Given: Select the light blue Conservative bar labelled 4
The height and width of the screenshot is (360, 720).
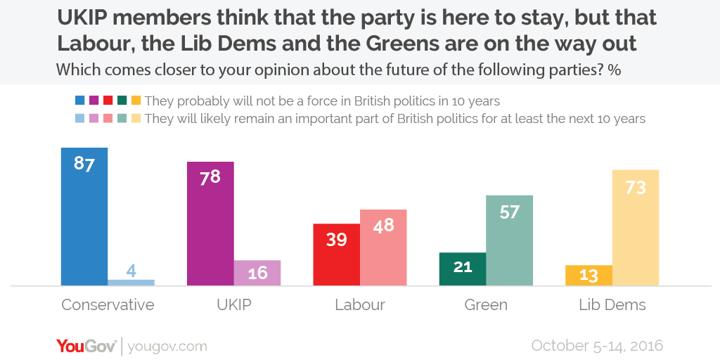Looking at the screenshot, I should click(131, 282).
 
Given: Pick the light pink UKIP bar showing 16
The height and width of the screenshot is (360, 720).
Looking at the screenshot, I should click(257, 273).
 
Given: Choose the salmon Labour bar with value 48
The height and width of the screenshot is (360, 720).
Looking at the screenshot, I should click(383, 247).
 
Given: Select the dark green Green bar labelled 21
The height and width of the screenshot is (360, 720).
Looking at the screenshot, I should click(462, 269).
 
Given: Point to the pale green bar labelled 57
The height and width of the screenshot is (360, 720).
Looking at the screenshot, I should click(509, 240).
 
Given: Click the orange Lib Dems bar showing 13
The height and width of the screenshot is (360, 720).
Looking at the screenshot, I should click(589, 275).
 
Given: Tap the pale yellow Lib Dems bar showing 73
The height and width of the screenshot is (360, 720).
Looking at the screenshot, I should click(636, 228).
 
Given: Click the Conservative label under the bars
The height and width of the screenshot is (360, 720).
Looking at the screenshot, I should click(108, 305).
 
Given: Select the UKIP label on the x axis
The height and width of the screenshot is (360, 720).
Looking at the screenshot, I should click(233, 305).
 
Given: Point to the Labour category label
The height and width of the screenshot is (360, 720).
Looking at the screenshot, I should click(359, 305).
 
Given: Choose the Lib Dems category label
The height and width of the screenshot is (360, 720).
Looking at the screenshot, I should click(612, 305).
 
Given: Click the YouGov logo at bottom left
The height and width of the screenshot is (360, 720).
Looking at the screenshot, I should click(87, 346).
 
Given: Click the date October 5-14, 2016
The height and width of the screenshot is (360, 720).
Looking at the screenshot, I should click(597, 346).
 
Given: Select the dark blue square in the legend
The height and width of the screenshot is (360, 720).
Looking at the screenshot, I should click(79, 101).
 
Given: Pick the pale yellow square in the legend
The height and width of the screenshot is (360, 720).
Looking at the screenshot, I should click(136, 119).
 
